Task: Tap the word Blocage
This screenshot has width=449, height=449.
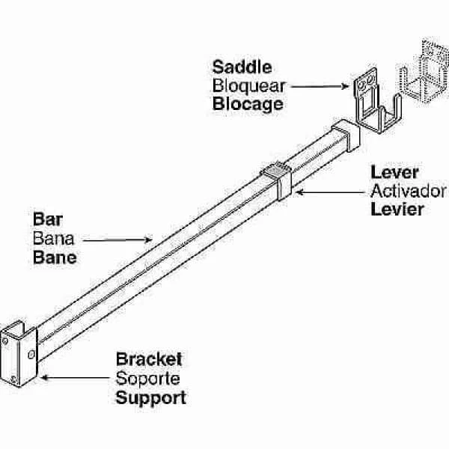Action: coord(248,103)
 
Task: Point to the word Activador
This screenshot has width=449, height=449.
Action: coord(409,191)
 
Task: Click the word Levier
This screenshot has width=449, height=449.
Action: coord(397,208)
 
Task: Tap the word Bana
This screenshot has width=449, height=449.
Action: coord(51,239)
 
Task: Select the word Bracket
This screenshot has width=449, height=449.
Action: coord(149,359)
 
